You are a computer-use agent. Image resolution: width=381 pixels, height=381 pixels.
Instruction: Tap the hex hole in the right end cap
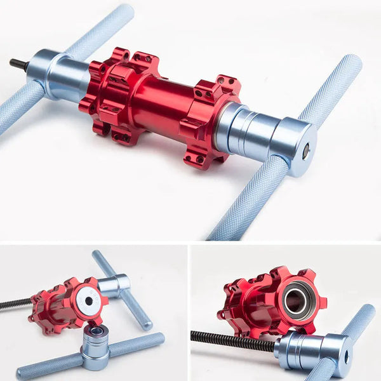[x=306, y=150]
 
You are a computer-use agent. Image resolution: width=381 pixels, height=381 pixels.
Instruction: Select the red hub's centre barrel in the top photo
[x=162, y=102]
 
